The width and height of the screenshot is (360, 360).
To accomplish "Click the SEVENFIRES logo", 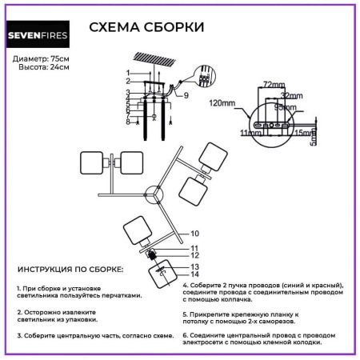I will pos(42,34).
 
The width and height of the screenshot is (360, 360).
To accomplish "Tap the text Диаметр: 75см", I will pos(42,60).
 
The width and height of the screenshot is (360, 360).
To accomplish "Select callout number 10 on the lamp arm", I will pos(194,234).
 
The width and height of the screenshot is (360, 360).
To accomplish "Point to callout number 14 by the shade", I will pos(194,274).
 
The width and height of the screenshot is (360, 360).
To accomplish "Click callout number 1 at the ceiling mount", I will pos(127,74).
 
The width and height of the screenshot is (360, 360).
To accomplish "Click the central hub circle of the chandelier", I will pos(153,194).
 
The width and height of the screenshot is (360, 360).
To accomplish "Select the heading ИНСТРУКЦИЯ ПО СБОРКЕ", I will pos(70,271).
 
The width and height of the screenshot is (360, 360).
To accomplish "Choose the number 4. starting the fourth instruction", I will pos(186,285).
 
